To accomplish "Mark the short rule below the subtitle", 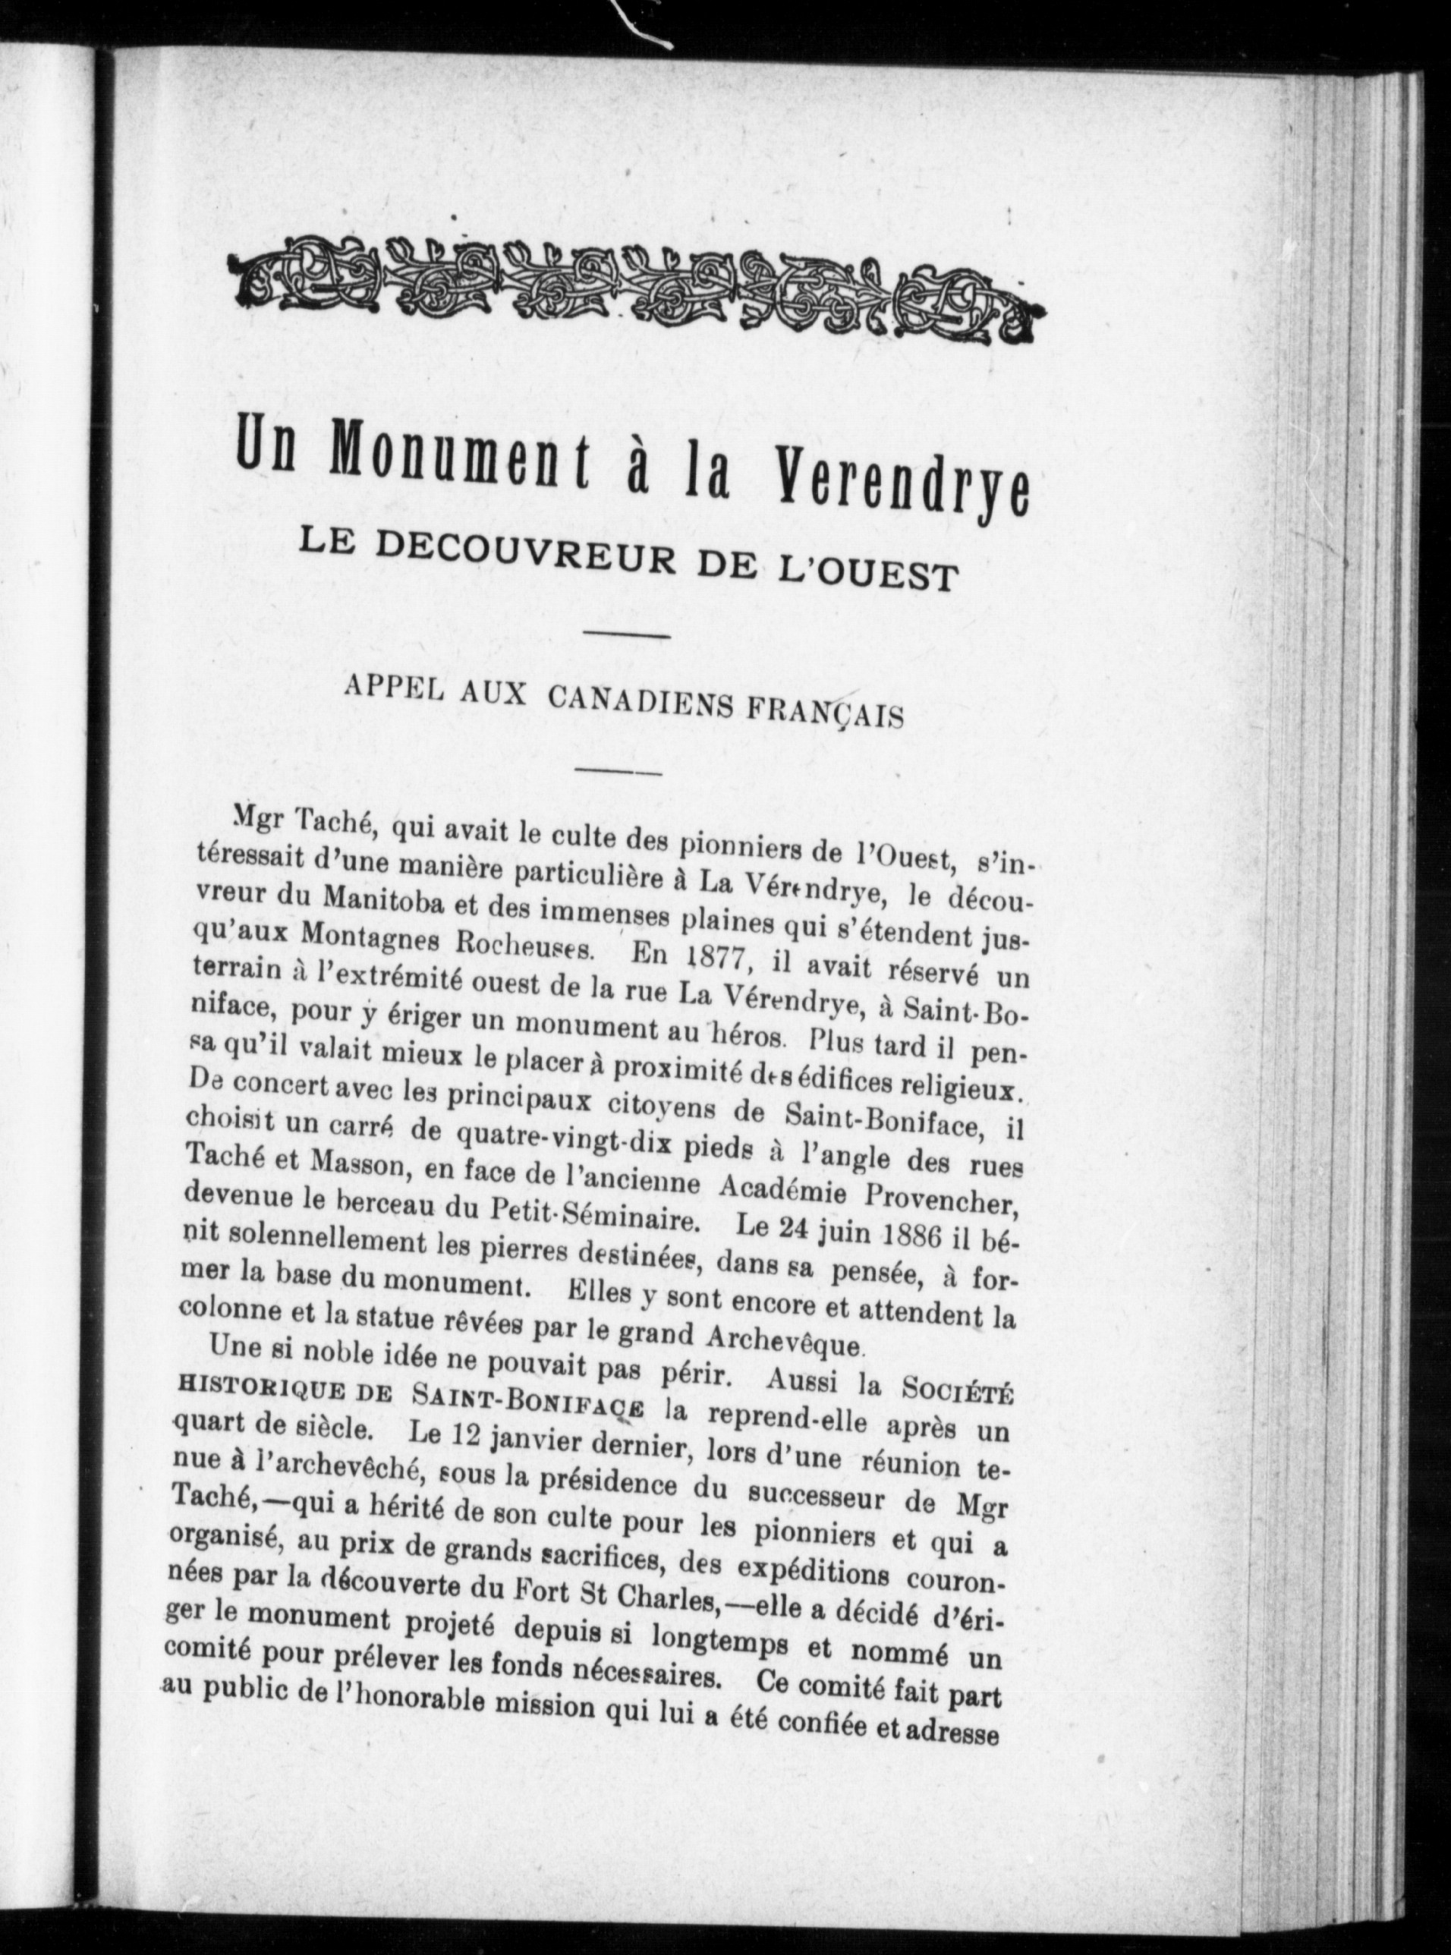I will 626,634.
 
